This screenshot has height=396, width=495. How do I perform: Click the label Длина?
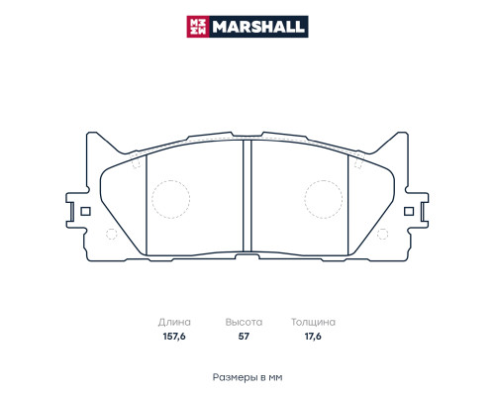coord(173,323)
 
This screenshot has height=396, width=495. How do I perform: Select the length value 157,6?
coord(173,337)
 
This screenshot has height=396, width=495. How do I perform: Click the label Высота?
coord(243,323)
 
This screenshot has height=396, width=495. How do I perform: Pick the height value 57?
coord(243,337)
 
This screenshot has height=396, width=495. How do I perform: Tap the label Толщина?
coord(313,323)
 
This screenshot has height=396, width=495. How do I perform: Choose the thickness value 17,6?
coord(313,337)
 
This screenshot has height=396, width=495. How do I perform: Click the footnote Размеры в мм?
coord(247,378)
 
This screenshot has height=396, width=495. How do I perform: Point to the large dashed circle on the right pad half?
coord(322,198)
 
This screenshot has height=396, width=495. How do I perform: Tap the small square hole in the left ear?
coord(85,210)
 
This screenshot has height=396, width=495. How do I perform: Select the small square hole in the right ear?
coord(410,210)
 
